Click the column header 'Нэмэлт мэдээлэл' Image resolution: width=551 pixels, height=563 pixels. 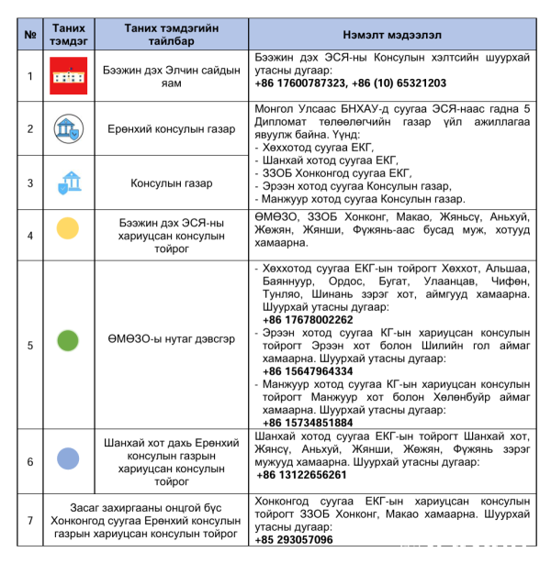(x=394, y=34)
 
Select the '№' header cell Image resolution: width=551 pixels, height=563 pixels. (x=29, y=34)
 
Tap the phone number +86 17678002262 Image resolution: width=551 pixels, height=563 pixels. (x=307, y=319)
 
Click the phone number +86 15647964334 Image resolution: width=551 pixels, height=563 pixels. (x=307, y=371)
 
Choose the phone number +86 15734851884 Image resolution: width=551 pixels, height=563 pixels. (x=307, y=423)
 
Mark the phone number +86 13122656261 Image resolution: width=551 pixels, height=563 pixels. (x=302, y=474)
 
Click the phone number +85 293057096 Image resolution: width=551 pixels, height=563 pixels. (x=298, y=540)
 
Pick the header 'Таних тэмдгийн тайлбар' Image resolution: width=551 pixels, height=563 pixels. (x=172, y=34)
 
